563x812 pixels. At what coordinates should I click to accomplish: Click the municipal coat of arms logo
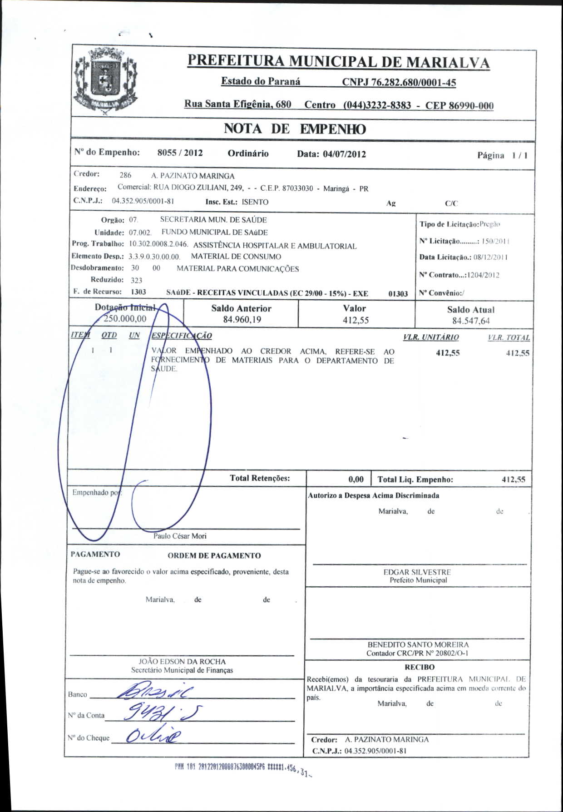(105, 81)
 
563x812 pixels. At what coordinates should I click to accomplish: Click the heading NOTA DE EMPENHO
(294, 129)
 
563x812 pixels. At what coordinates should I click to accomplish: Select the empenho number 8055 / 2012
(180, 153)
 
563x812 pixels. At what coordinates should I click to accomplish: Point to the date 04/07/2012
(344, 154)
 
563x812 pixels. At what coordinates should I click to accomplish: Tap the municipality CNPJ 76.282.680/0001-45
(399, 82)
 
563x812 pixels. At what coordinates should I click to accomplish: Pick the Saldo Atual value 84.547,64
(471, 321)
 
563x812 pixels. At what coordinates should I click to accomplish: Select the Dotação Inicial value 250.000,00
(125, 319)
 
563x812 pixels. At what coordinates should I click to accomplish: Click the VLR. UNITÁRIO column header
(430, 337)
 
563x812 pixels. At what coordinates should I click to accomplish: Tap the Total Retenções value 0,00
(356, 480)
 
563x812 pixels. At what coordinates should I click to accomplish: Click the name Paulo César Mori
(180, 536)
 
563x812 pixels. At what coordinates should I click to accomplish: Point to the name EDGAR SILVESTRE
(417, 572)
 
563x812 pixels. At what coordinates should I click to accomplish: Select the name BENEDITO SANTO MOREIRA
(418, 644)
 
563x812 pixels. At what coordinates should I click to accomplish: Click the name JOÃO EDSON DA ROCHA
(182, 662)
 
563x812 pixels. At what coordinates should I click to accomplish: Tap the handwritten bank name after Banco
(154, 692)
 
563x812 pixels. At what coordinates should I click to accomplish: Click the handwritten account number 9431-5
(163, 713)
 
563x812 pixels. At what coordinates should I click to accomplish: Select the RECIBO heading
(419, 667)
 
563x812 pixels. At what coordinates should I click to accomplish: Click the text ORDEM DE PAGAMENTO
(214, 556)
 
